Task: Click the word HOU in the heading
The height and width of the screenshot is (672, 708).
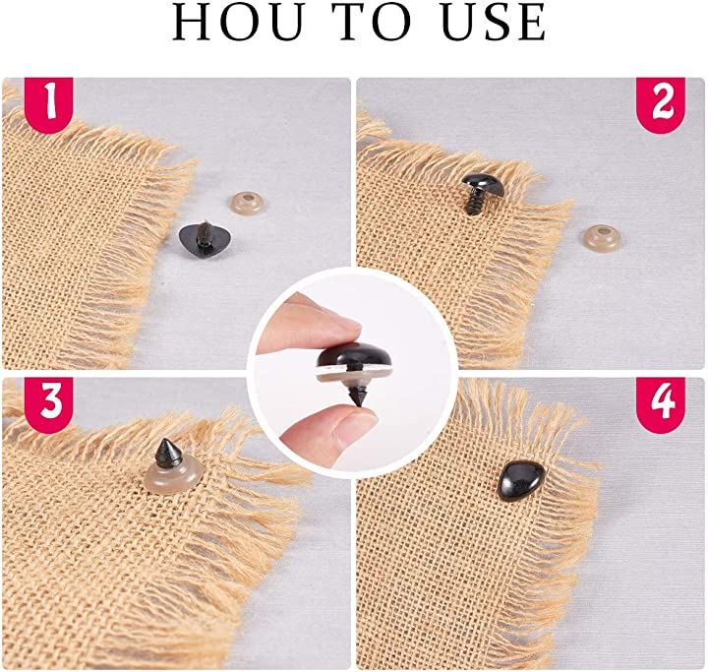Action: click(x=238, y=23)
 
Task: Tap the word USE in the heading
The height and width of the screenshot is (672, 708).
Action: click(x=493, y=23)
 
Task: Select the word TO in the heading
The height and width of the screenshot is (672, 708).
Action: click(x=371, y=23)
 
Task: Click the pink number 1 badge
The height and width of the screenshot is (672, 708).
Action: click(x=49, y=105)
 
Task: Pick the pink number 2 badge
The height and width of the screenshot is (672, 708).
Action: click(x=661, y=105)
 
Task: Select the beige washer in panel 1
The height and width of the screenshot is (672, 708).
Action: click(x=246, y=204)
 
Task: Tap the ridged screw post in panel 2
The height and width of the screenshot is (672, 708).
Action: click(x=475, y=202)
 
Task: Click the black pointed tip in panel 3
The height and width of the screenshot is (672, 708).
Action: click(x=167, y=454)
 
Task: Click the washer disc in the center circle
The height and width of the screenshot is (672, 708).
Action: click(x=354, y=374)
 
